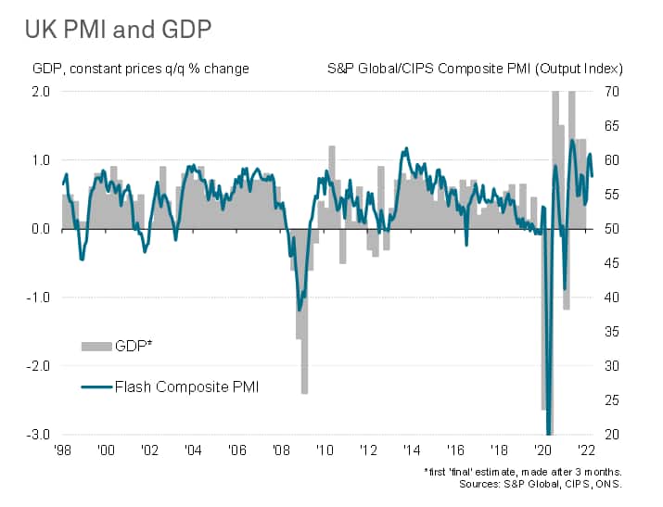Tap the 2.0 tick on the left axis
pos(41,91)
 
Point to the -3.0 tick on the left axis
pos(39,434)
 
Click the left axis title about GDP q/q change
pos(141,69)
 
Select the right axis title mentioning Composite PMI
pos(475,69)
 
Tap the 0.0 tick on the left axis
pos(41,228)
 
